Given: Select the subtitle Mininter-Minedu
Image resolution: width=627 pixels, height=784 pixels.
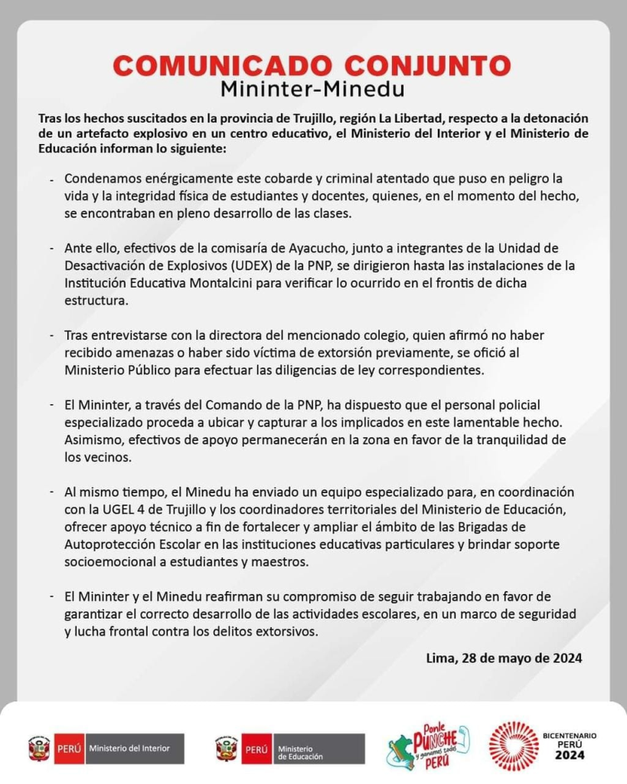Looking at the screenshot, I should click(x=312, y=90).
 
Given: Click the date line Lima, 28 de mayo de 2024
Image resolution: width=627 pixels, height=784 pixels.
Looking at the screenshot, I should click(x=504, y=658).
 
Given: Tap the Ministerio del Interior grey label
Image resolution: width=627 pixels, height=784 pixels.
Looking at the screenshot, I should click(x=134, y=748).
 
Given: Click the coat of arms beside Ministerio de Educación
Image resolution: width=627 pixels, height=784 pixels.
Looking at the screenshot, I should click(x=226, y=749).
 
